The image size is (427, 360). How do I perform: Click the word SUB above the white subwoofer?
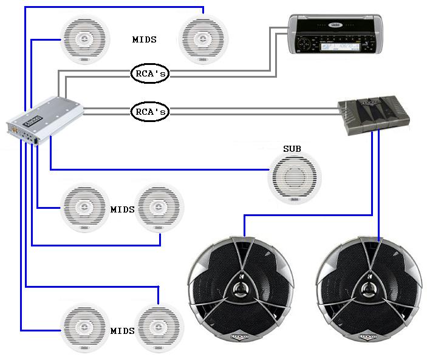(292, 149)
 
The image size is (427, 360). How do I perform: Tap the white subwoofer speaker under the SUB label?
(295, 178)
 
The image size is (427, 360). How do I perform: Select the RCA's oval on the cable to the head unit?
(149, 73)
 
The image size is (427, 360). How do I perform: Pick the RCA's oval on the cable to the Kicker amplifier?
(149, 112)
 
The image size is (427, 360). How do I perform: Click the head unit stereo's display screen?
(346, 46)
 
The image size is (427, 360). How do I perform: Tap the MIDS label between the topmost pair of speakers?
(145, 39)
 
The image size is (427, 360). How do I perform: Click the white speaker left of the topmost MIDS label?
(85, 39)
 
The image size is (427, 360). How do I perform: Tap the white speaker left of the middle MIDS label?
(84, 207)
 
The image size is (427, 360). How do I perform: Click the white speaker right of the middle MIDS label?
(159, 208)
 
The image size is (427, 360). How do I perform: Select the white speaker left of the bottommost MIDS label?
(85, 328)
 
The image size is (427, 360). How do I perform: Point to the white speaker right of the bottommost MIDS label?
(159, 328)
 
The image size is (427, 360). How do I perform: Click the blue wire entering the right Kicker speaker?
(380, 231)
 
